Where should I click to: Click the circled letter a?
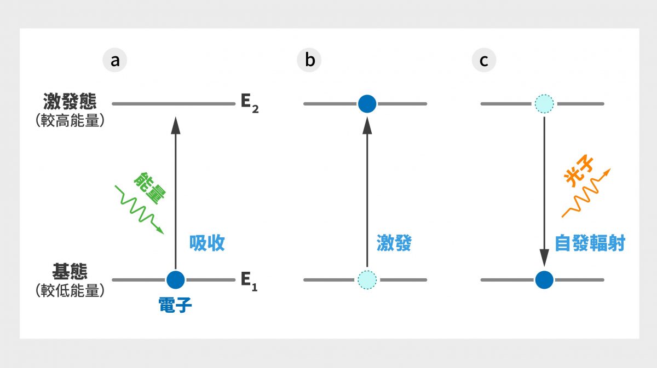pyautogui.click(x=115, y=60)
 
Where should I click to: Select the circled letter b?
pyautogui.click(x=310, y=60)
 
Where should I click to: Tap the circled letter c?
pyautogui.click(x=484, y=60)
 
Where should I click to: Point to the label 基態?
pyautogui.click(x=70, y=272)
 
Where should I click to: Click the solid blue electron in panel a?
pyautogui.click(x=175, y=280)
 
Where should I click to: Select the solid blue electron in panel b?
pyautogui.click(x=367, y=103)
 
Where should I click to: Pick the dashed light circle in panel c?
pyautogui.click(x=544, y=103)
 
